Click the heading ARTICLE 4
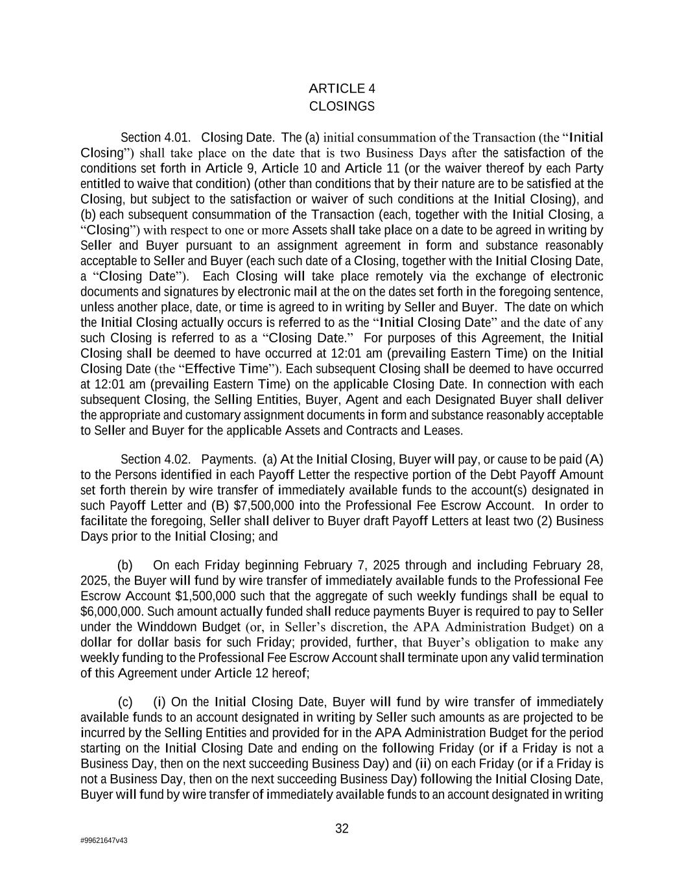coord(342,89)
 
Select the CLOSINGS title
coord(342,106)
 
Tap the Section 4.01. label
coord(156,137)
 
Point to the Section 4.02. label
coord(156,460)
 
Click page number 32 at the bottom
coord(342,829)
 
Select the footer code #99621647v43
coord(104,840)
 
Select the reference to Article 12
coord(238,673)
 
